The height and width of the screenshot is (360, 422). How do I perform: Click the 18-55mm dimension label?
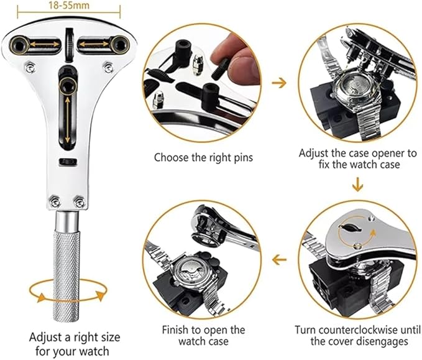click(x=69, y=5)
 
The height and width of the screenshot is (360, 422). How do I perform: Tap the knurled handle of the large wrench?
click(x=67, y=275)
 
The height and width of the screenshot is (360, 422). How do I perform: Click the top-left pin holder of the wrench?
click(x=20, y=45)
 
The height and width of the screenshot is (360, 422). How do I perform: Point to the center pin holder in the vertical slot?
click(x=68, y=86)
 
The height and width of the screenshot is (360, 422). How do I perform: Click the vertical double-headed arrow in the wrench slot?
click(x=67, y=119)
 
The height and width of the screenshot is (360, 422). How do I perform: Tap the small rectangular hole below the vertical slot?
click(x=68, y=162)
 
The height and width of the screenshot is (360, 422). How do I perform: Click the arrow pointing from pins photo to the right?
click(x=279, y=83)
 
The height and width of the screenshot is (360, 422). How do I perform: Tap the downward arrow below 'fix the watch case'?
click(x=357, y=184)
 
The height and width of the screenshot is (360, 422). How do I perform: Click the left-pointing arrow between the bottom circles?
click(x=279, y=260)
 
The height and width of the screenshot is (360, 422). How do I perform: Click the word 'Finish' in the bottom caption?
click(x=175, y=330)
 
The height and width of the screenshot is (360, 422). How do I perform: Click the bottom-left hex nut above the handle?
click(x=55, y=201)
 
